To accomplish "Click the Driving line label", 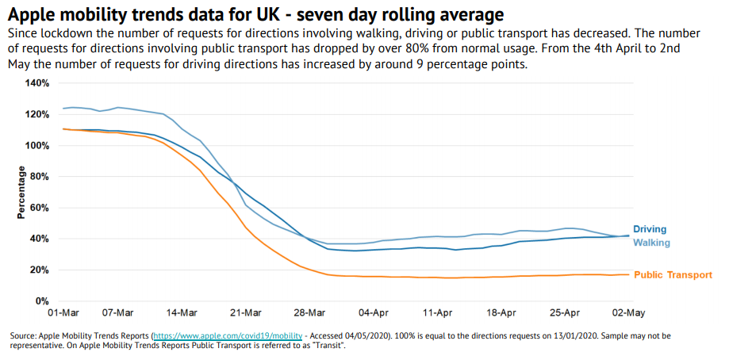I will pos(650,229).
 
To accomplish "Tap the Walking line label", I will pos(651,243).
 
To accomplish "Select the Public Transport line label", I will pos(673,275).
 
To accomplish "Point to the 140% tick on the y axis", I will pos(37,83).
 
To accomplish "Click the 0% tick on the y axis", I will pos(43,301).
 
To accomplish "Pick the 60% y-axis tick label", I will pos(40,208).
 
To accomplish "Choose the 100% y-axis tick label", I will pos(37,146).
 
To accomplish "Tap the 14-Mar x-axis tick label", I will pos(182,313).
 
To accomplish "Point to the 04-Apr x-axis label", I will pos(374,313).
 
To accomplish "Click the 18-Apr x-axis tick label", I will pos(501,313).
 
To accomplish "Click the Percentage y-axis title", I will pos(21,193).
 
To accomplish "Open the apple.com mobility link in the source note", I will pos(228,336).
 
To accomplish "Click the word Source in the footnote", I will pos(23,336).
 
